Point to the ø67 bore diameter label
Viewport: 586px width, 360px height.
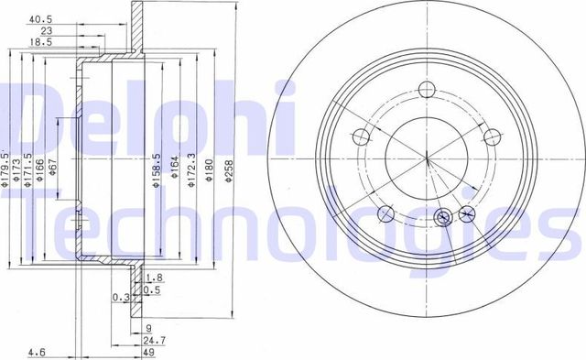point(54,169)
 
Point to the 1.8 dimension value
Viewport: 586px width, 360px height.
point(155,277)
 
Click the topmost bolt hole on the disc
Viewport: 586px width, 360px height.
point(426,90)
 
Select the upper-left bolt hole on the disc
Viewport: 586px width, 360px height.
point(361,136)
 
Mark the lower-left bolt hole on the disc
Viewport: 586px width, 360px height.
point(385,213)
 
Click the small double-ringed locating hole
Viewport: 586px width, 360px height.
point(444,217)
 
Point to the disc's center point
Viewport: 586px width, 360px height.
point(426,161)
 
